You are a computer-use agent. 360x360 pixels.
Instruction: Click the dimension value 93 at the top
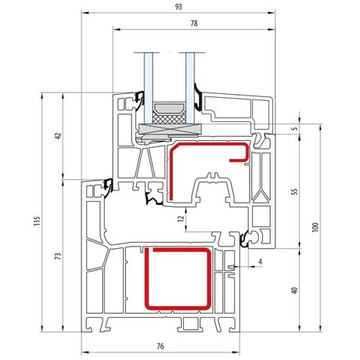[178, 7]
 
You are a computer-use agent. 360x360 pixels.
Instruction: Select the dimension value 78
[194, 23]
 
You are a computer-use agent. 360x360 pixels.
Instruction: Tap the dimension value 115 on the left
[38, 221]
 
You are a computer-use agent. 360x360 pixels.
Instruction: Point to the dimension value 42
[58, 135]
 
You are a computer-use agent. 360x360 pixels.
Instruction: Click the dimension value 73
[59, 255]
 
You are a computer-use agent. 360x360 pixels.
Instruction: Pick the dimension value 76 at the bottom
[160, 346]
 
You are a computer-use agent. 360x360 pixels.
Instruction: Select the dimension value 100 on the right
[315, 227]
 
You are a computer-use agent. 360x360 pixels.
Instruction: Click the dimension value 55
[295, 192]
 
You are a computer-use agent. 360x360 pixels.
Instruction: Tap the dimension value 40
[295, 290]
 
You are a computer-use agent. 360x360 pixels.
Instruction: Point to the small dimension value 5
[295, 128]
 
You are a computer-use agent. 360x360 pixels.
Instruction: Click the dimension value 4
[260, 261]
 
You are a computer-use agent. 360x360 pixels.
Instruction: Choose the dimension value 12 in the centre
[181, 218]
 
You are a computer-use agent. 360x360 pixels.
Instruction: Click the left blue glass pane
[148, 88]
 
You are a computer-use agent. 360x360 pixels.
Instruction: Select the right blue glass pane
[190, 88]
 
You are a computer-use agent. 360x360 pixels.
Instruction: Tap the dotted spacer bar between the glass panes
[169, 107]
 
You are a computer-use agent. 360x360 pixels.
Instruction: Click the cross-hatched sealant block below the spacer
[169, 117]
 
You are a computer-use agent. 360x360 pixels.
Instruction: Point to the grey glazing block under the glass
[170, 129]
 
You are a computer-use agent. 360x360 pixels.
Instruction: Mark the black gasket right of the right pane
[198, 97]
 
